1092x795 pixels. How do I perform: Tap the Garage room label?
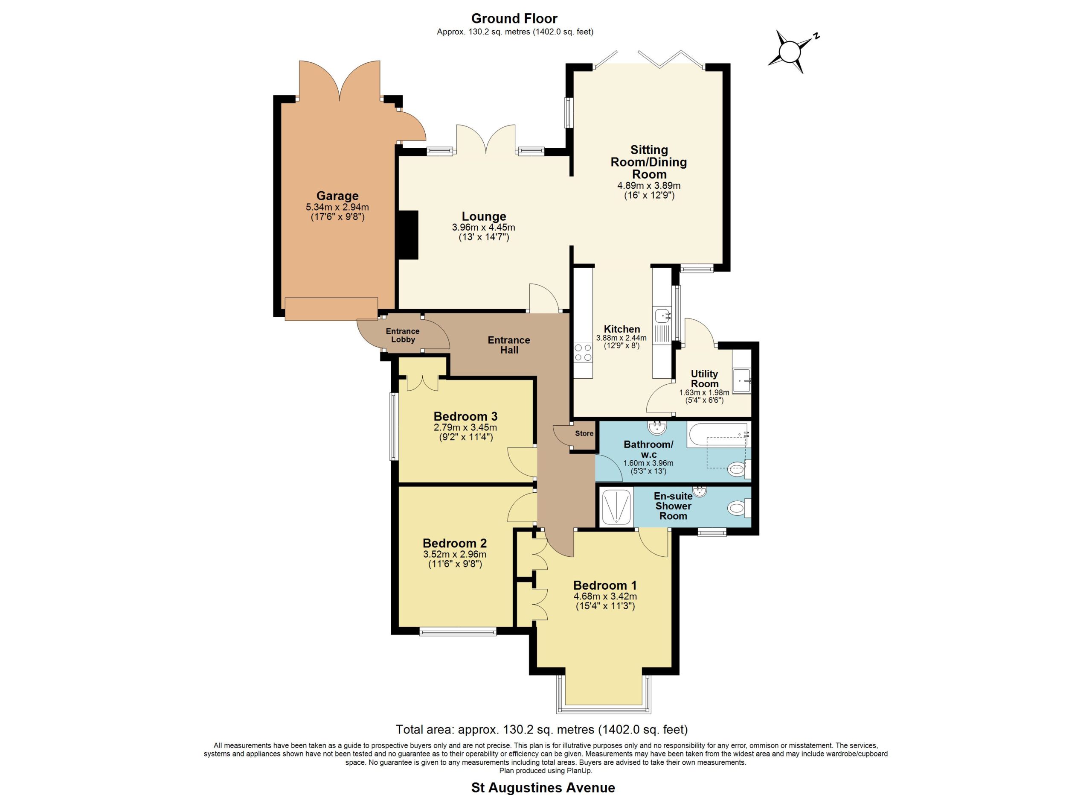337,196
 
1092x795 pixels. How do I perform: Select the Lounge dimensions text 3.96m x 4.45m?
483,228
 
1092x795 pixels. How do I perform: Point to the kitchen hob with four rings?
583,352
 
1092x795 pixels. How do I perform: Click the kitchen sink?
663,316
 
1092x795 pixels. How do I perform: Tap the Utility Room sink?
741,381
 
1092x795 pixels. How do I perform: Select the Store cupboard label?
584,433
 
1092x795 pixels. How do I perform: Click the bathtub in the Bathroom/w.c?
717,435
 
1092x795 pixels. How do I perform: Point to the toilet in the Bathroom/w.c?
739,469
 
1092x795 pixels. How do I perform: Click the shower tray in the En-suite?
616,508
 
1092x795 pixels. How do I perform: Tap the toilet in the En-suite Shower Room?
739,508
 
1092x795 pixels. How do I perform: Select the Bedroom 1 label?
605,585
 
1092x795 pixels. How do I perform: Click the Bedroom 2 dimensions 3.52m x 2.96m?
455,555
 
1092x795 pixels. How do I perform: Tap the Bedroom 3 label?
465,416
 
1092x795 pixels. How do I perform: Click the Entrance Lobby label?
403,335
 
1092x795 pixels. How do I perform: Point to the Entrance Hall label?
509,345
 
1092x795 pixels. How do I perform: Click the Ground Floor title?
514,18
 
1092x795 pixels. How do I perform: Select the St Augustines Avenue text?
543,788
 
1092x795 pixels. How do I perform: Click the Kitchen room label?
622,329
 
